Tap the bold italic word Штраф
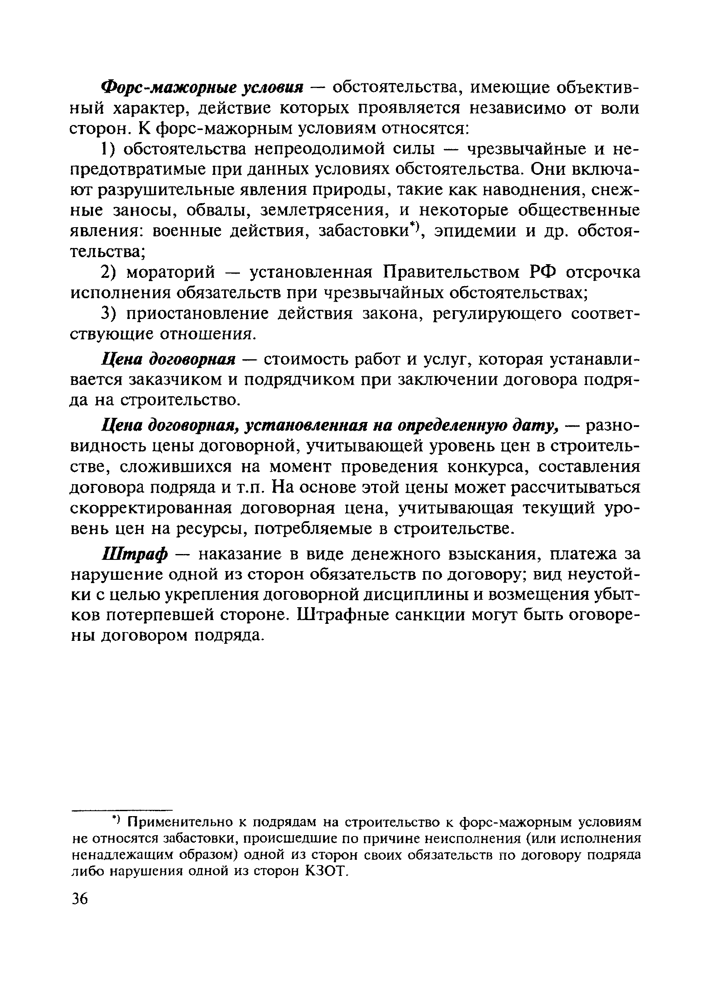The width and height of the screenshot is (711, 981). point(134,555)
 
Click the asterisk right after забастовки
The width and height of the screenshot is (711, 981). point(414,226)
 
